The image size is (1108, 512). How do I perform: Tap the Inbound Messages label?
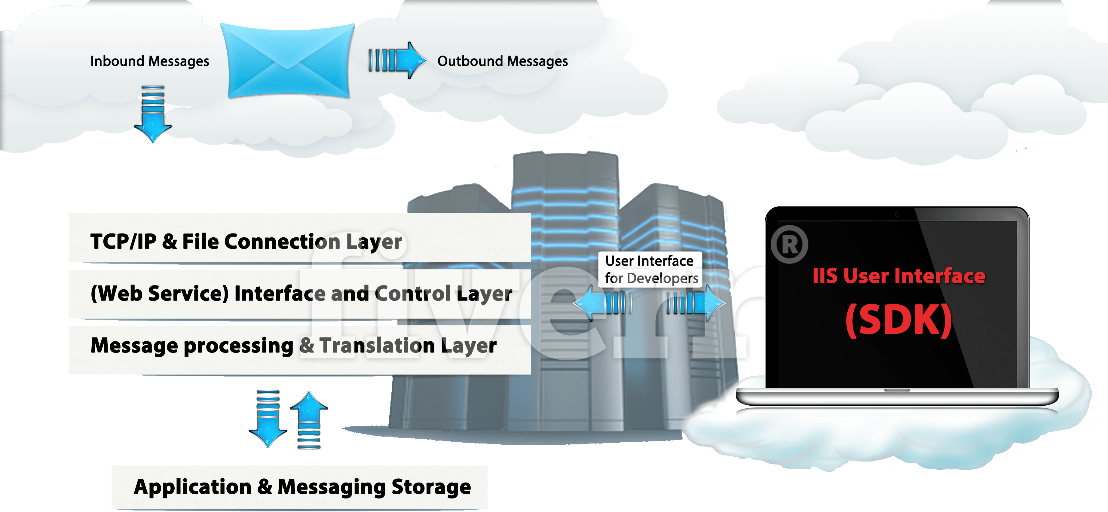(150, 61)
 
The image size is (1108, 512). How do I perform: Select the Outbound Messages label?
(502, 61)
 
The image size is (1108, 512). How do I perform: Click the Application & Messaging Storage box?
(299, 487)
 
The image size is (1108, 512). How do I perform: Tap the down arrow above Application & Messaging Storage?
(268, 419)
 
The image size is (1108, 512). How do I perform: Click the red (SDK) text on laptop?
(898, 321)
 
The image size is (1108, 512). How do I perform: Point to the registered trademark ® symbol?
(789, 244)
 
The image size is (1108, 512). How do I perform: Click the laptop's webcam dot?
(897, 214)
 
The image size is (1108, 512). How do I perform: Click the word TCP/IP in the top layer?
(124, 241)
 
